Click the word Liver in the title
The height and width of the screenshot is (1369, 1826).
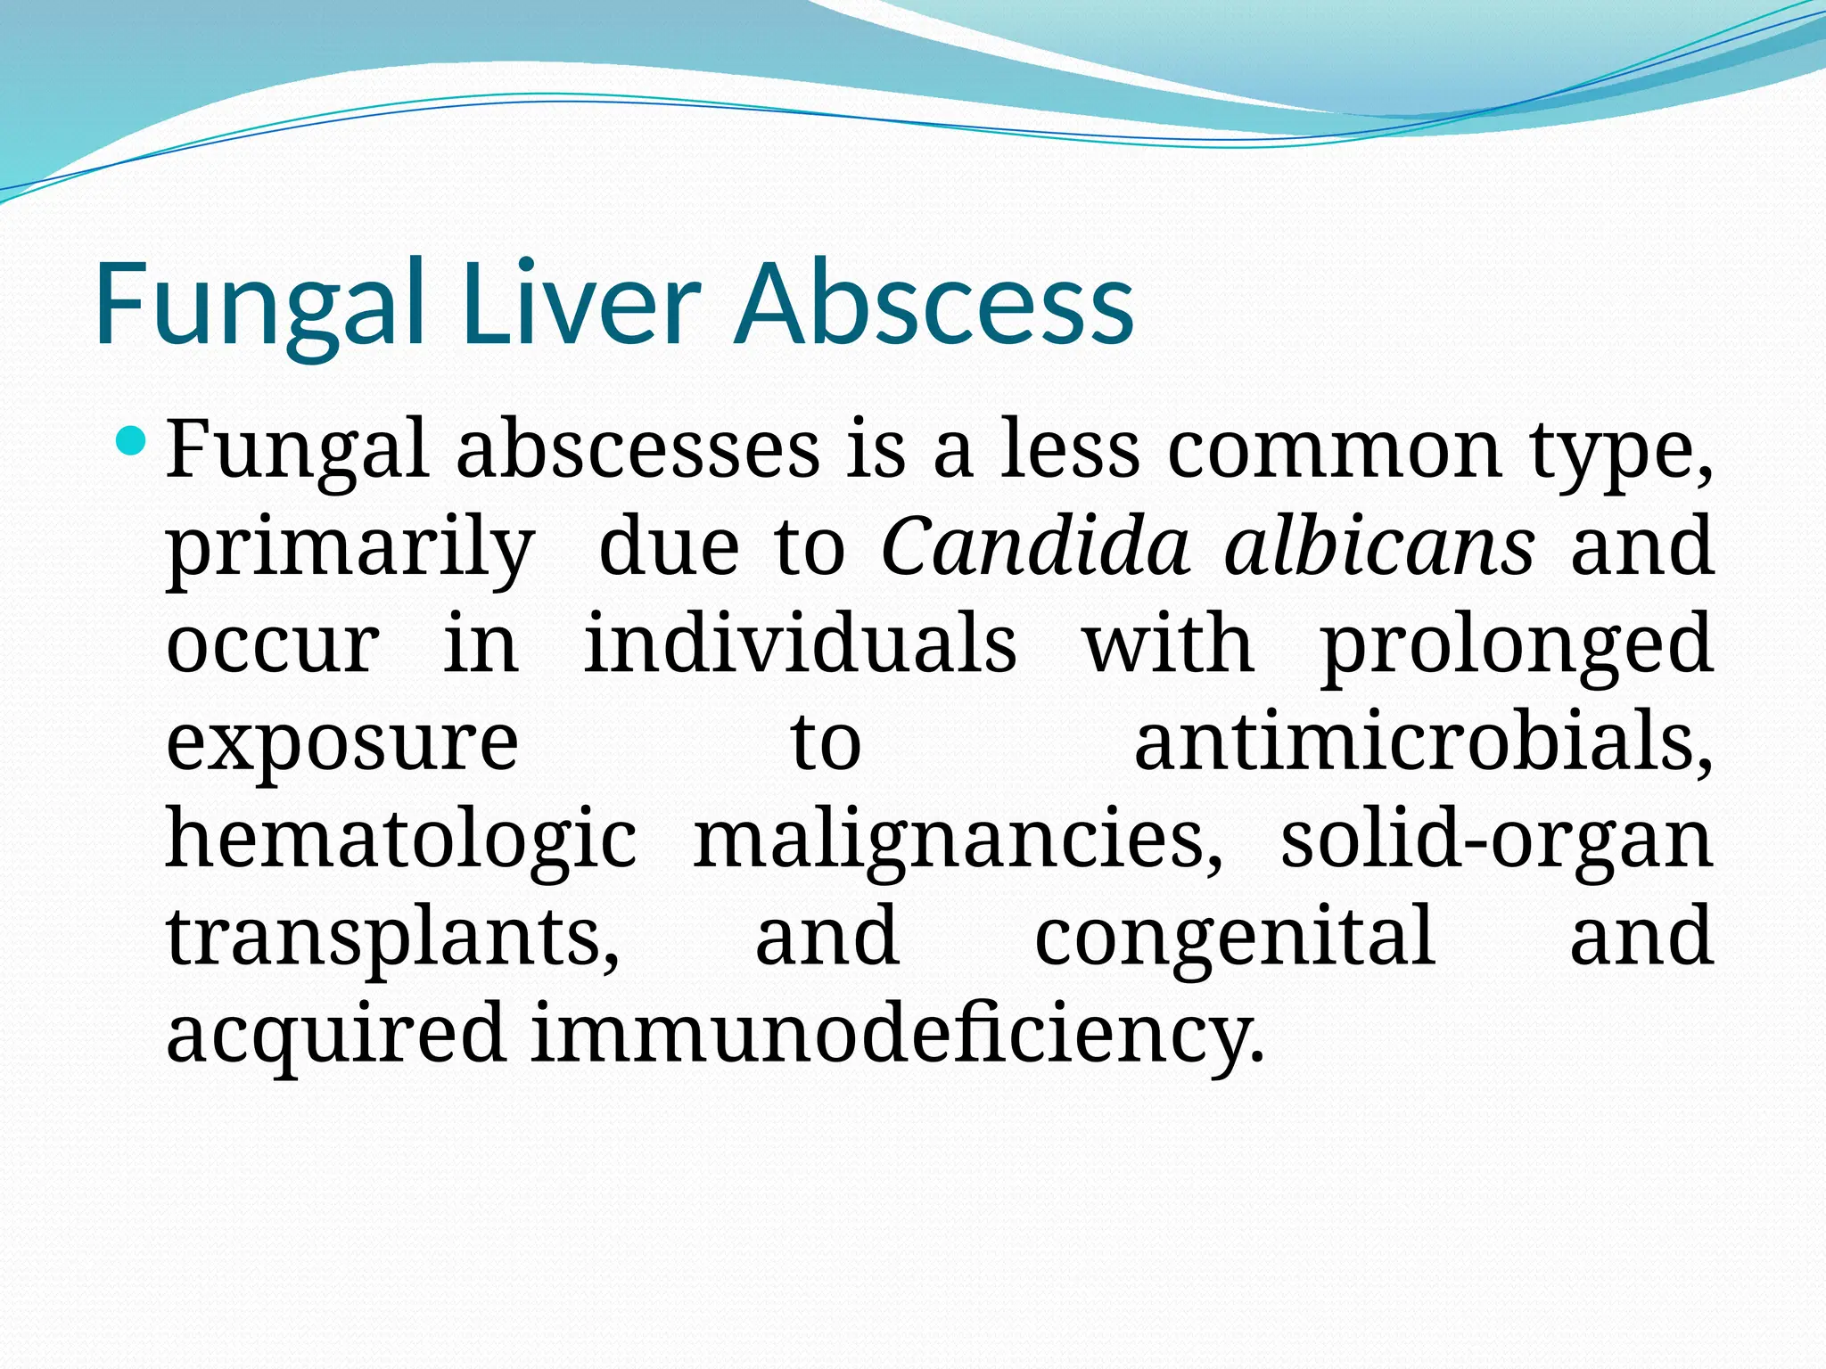[x=581, y=303]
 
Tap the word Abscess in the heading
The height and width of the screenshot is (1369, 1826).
[x=937, y=303]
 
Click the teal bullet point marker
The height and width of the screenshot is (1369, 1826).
[x=131, y=439]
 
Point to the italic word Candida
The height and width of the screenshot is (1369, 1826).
[x=1035, y=545]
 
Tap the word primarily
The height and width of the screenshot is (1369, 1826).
[x=350, y=548]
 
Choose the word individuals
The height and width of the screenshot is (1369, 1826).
[x=800, y=644]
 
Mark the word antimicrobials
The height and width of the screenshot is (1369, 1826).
[x=1423, y=742]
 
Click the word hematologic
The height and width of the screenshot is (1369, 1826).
[x=401, y=840]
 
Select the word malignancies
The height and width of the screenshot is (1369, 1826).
[x=958, y=840]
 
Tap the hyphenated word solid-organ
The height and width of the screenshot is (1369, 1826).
[x=1497, y=840]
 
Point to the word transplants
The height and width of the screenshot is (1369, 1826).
[x=392, y=937]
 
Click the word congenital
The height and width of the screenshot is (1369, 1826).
[x=1235, y=937]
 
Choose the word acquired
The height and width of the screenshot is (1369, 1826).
[x=337, y=1034]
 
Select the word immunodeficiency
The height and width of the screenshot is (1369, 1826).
[x=897, y=1034]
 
